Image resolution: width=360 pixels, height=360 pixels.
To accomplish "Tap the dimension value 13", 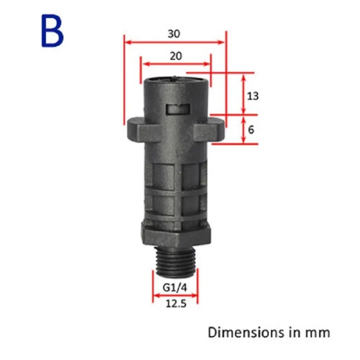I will pos(253,96).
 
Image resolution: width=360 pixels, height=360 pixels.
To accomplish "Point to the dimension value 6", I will pos(251,130).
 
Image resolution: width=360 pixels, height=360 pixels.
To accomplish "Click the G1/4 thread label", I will pos(176,288).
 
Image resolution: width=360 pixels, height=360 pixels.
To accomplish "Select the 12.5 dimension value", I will pos(176,304).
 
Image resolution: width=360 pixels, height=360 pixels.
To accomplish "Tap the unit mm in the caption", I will pos(318,332).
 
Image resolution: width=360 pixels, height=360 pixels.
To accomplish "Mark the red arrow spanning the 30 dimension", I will pos(174,42).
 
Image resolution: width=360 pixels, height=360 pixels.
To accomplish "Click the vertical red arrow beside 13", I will pos(244,94).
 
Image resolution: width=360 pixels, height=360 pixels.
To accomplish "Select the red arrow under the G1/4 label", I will pos(175,296).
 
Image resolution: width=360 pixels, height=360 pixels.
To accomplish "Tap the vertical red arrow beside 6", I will pos(244,130).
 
